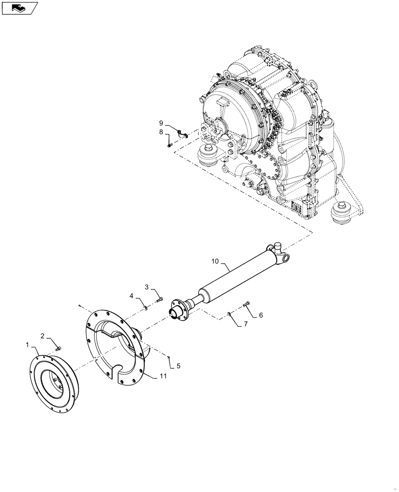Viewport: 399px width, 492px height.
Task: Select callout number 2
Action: (x=42, y=336)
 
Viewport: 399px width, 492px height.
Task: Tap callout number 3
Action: (x=146, y=287)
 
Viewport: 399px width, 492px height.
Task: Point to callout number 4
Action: (x=132, y=296)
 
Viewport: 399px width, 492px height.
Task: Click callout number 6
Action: (x=260, y=315)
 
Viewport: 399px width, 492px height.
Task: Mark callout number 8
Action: (x=160, y=132)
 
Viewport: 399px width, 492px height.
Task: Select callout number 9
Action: (x=160, y=122)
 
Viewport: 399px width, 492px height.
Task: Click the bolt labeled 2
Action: (x=58, y=348)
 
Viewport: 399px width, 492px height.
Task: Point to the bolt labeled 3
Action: (x=159, y=299)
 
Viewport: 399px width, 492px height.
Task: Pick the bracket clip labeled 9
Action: (x=182, y=132)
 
